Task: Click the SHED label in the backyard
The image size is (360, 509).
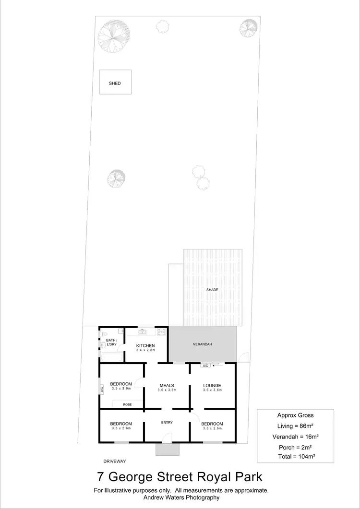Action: [x=115, y=83]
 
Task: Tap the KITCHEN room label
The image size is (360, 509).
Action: [x=145, y=345]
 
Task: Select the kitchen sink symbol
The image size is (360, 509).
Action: [x=142, y=331]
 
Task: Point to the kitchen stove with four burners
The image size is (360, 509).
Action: [x=162, y=331]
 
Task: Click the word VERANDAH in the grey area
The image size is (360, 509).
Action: [x=202, y=344]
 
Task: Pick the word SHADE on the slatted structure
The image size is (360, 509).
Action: [x=212, y=290]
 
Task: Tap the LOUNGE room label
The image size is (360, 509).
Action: [x=212, y=385]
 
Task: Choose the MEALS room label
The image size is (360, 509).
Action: [x=167, y=385]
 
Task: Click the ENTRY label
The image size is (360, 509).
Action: [x=167, y=422]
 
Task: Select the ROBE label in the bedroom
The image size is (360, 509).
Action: [x=127, y=405]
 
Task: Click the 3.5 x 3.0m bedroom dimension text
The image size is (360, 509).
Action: [x=121, y=389]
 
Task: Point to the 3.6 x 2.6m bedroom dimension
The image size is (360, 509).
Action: [x=212, y=428]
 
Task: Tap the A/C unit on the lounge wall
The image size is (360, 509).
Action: [x=205, y=366]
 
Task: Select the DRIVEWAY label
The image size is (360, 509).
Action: [x=114, y=461]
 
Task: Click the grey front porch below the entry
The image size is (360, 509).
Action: [x=167, y=450]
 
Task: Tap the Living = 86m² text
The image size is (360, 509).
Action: [x=296, y=426]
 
